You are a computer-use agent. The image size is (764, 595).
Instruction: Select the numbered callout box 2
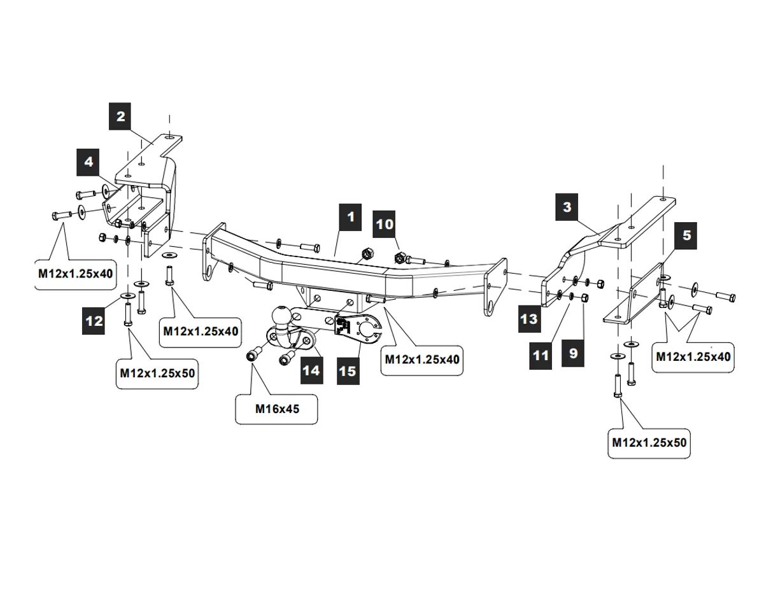pyautogui.click(x=120, y=116)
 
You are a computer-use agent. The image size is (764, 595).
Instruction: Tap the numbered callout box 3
pyautogui.click(x=567, y=207)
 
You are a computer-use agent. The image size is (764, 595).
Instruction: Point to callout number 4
pyautogui.click(x=89, y=162)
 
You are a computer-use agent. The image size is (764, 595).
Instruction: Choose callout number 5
pyautogui.click(x=686, y=235)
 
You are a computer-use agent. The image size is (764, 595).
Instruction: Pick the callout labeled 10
pyautogui.click(x=385, y=224)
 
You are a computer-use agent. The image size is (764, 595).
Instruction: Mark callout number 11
pyautogui.click(x=541, y=354)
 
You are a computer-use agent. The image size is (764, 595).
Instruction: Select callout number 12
pyautogui.click(x=94, y=321)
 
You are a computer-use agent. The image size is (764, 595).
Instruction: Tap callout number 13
pyautogui.click(x=529, y=318)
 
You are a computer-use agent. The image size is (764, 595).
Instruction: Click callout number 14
pyautogui.click(x=311, y=369)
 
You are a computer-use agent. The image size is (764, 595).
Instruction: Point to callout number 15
pyautogui.click(x=347, y=370)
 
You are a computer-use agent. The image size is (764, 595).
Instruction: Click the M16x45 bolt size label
pyautogui.click(x=277, y=409)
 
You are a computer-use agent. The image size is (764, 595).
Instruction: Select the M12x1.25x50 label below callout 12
pyautogui.click(x=157, y=374)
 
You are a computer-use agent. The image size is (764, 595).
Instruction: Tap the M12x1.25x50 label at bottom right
pyautogui.click(x=649, y=442)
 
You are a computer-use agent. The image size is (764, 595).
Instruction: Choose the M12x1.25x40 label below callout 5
pyautogui.click(x=693, y=357)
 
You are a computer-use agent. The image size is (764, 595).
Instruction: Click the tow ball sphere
pyautogui.click(x=281, y=316)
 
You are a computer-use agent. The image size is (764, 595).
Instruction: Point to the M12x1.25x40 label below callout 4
pyautogui.click(x=75, y=274)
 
